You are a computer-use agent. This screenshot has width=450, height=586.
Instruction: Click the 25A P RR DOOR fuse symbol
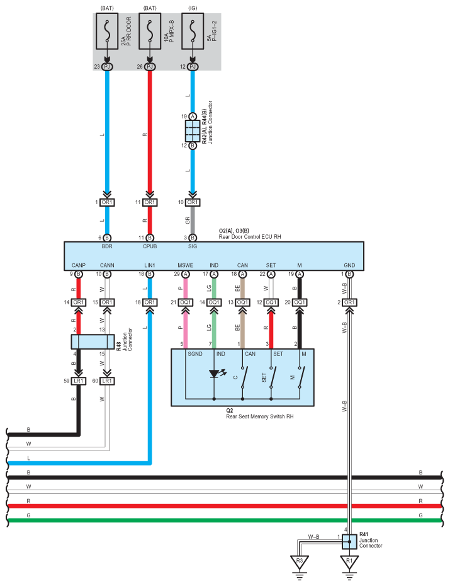[x=107, y=31]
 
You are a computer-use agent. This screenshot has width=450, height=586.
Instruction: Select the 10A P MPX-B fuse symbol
[x=150, y=31]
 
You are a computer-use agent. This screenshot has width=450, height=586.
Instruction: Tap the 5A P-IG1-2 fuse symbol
[x=193, y=31]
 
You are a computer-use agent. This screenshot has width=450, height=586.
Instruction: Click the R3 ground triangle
[x=299, y=562]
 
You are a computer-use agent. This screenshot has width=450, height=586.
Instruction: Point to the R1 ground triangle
[x=349, y=562]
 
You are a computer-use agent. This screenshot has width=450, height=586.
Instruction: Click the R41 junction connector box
[x=349, y=541]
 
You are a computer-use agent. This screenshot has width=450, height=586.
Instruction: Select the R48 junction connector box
[x=93, y=342]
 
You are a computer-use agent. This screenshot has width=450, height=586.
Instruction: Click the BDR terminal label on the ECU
[x=107, y=246]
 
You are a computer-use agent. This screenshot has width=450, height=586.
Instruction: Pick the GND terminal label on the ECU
[x=349, y=265]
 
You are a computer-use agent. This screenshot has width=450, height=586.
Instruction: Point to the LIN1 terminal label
[x=150, y=265]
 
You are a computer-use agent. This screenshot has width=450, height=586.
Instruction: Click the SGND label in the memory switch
[x=194, y=354]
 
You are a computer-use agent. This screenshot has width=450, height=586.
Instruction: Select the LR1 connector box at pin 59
[x=79, y=381]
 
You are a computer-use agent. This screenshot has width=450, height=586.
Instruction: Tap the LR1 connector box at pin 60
[x=107, y=381]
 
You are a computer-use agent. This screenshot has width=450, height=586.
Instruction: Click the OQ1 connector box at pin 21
[x=186, y=302]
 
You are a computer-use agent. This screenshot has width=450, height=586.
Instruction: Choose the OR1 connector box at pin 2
[x=349, y=302]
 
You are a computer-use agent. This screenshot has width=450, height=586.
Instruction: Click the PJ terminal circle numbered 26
[x=150, y=67]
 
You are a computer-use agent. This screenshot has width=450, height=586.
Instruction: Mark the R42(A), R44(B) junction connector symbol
[x=193, y=131]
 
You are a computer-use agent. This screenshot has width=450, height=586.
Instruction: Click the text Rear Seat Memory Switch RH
[x=260, y=417]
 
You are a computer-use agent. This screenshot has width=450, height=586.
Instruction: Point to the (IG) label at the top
[x=193, y=8]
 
